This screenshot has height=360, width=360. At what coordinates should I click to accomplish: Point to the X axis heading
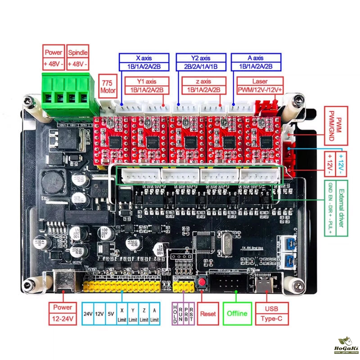tap(144, 58)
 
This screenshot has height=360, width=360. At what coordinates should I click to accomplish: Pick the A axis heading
tap(256, 58)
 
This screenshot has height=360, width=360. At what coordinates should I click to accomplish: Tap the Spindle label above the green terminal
tap(78, 53)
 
